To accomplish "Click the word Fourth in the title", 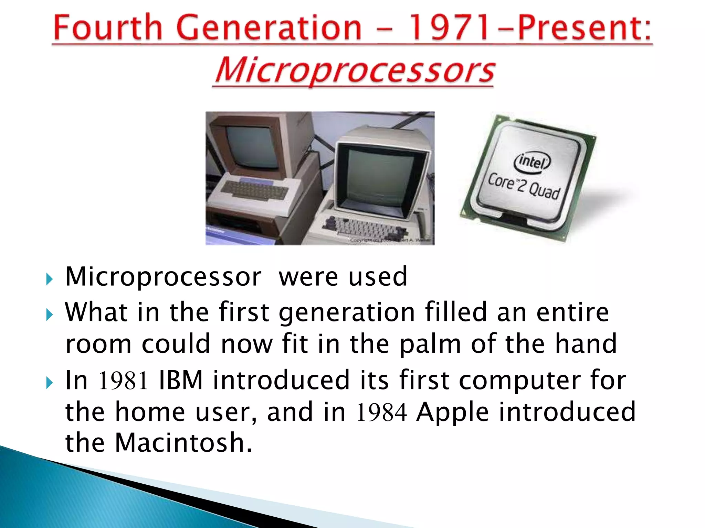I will pos(107,27).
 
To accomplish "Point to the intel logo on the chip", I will pos(532,162).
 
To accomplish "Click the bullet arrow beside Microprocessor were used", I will pos(50,279).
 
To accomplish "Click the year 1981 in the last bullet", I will pos(123,381).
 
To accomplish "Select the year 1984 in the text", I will pos(381,412).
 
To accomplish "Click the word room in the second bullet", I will pos(98,344).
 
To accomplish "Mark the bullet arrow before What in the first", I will pos(50,314).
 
